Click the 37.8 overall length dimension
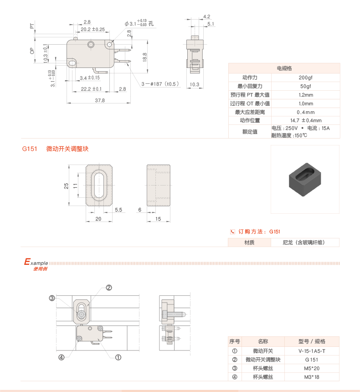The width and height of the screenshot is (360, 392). [x=100, y=100]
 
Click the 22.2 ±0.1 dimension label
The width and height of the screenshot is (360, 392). [x=91, y=89]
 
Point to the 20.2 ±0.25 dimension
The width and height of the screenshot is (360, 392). [x=93, y=29]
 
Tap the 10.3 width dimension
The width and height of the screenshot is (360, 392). [x=195, y=84]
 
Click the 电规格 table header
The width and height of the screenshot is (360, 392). [x=284, y=68]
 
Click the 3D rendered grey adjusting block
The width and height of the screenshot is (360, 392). [x=305, y=180]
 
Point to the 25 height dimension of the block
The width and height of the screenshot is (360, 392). [x=67, y=186]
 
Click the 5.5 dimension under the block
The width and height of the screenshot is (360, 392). [x=118, y=210]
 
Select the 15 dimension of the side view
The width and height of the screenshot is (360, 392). [x=158, y=219]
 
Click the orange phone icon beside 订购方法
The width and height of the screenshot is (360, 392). [x=232, y=232]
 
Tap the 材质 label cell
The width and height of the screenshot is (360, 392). [x=249, y=242]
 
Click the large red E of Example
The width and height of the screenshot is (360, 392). [x=27, y=262]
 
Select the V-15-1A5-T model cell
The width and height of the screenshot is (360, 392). [x=312, y=351]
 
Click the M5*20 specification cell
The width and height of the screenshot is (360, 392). [x=312, y=368]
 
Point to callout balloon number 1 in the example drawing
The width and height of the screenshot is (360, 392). [x=118, y=357]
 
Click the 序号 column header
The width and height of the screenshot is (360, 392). [x=235, y=341]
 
